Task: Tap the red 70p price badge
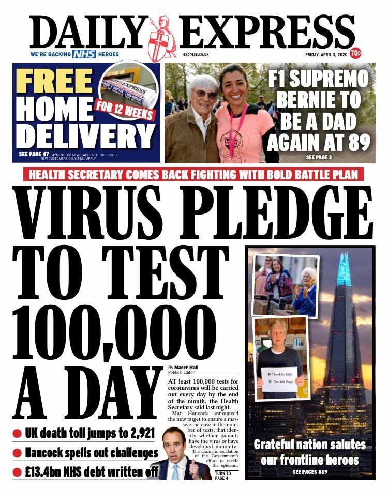coord(355,53)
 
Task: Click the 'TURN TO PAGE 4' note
coord(223,474)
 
